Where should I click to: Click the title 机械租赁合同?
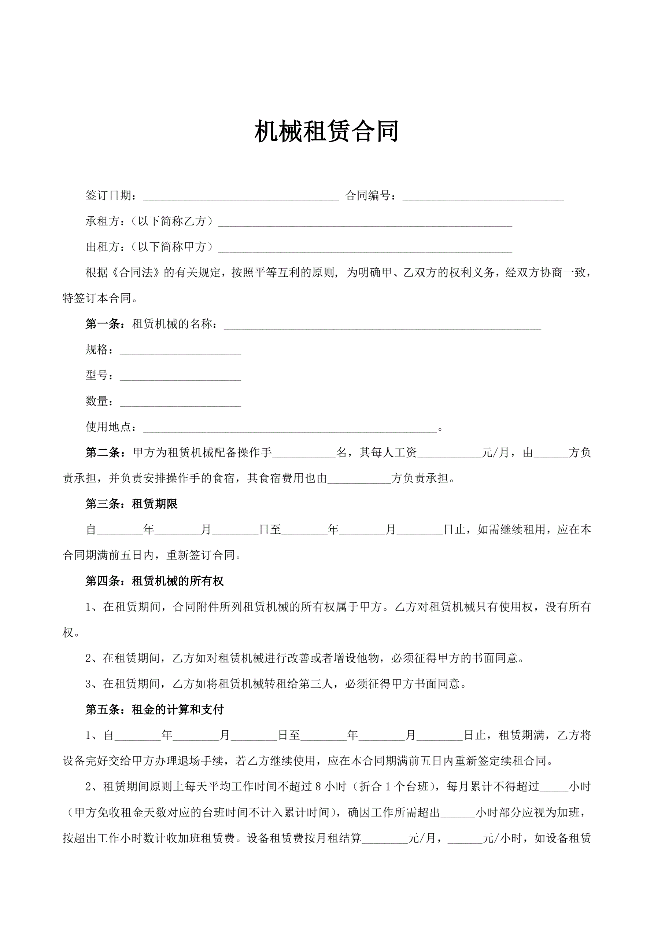pos(326,131)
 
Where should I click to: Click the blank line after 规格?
pos(180,351)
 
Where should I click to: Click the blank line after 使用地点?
pos(290,428)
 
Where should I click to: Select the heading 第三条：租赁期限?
pos(132,504)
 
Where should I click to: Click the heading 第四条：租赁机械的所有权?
pos(155,581)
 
